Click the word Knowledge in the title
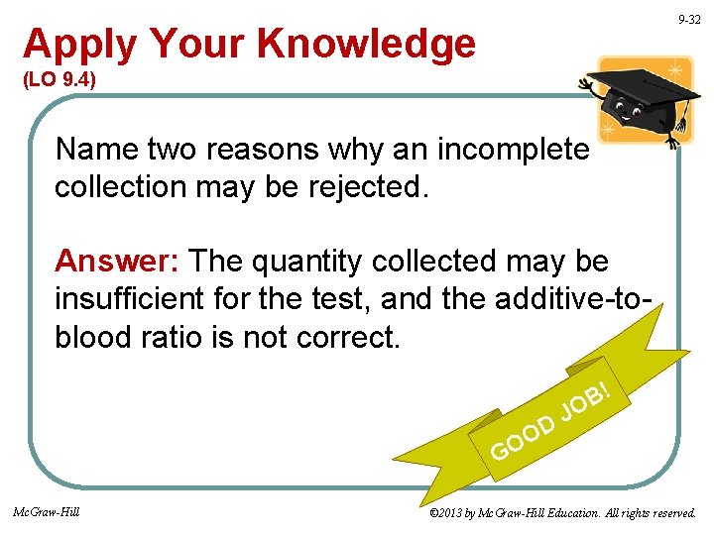367,45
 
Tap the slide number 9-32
689,20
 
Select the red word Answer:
118,262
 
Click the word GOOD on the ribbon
523,438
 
